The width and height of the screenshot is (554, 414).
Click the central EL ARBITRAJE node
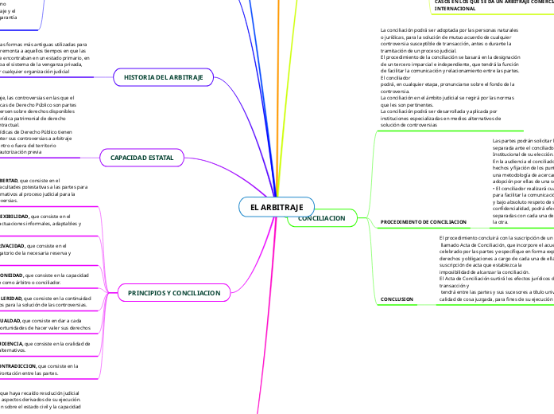271,207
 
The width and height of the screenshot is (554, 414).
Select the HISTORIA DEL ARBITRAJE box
164,77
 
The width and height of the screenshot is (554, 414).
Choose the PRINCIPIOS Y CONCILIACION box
173,293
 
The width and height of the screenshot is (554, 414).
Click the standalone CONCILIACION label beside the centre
321,217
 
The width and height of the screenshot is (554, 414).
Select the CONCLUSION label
397,299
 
